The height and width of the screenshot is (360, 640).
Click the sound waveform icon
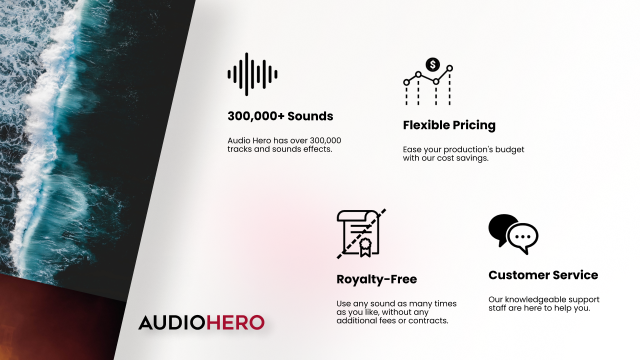point(252,74)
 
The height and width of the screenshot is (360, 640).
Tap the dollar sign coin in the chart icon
point(432,64)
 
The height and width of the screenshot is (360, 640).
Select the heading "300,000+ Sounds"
point(280,116)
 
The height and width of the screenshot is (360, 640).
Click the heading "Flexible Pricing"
point(449,125)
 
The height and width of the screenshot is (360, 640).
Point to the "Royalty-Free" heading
point(376,279)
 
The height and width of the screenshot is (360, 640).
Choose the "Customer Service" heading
point(543,275)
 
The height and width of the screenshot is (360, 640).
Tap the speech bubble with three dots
point(523,237)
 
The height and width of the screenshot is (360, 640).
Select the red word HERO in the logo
point(235,322)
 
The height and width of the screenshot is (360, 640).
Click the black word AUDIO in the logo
point(171,322)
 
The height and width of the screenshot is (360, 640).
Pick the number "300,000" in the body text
point(325,140)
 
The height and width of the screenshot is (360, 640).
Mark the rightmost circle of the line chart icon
point(449,68)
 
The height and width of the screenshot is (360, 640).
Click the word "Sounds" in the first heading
point(310,116)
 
